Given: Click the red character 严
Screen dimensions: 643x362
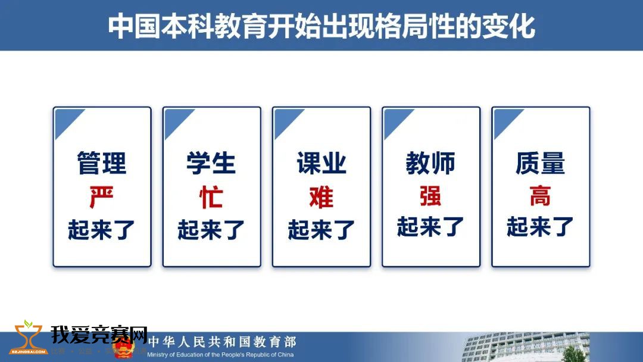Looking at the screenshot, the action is point(102,197).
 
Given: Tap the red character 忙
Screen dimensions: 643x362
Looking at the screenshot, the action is point(211,197).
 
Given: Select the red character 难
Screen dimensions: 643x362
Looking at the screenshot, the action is point(321,197).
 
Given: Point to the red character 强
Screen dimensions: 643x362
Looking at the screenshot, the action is point(430,195).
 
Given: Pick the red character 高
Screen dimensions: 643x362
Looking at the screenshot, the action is point(540,195).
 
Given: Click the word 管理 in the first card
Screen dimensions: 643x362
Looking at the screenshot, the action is point(102,163).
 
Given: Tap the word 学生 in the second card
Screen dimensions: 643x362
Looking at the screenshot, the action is point(211,163).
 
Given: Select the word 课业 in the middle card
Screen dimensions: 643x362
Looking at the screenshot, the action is point(321,163).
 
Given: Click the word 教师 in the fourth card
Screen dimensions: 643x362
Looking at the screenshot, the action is point(430,163).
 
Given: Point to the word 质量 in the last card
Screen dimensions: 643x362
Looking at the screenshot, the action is point(540,163).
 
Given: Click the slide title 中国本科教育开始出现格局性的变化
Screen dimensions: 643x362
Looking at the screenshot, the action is point(321,26).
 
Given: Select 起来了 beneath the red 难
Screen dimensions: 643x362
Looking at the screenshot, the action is point(321,230).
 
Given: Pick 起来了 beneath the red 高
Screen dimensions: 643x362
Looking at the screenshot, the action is point(540,227).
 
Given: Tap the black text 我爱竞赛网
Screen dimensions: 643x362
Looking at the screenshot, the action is point(99,335).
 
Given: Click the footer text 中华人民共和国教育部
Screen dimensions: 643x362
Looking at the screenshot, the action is point(222,342).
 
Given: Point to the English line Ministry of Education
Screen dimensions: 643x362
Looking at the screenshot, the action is point(220,355).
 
